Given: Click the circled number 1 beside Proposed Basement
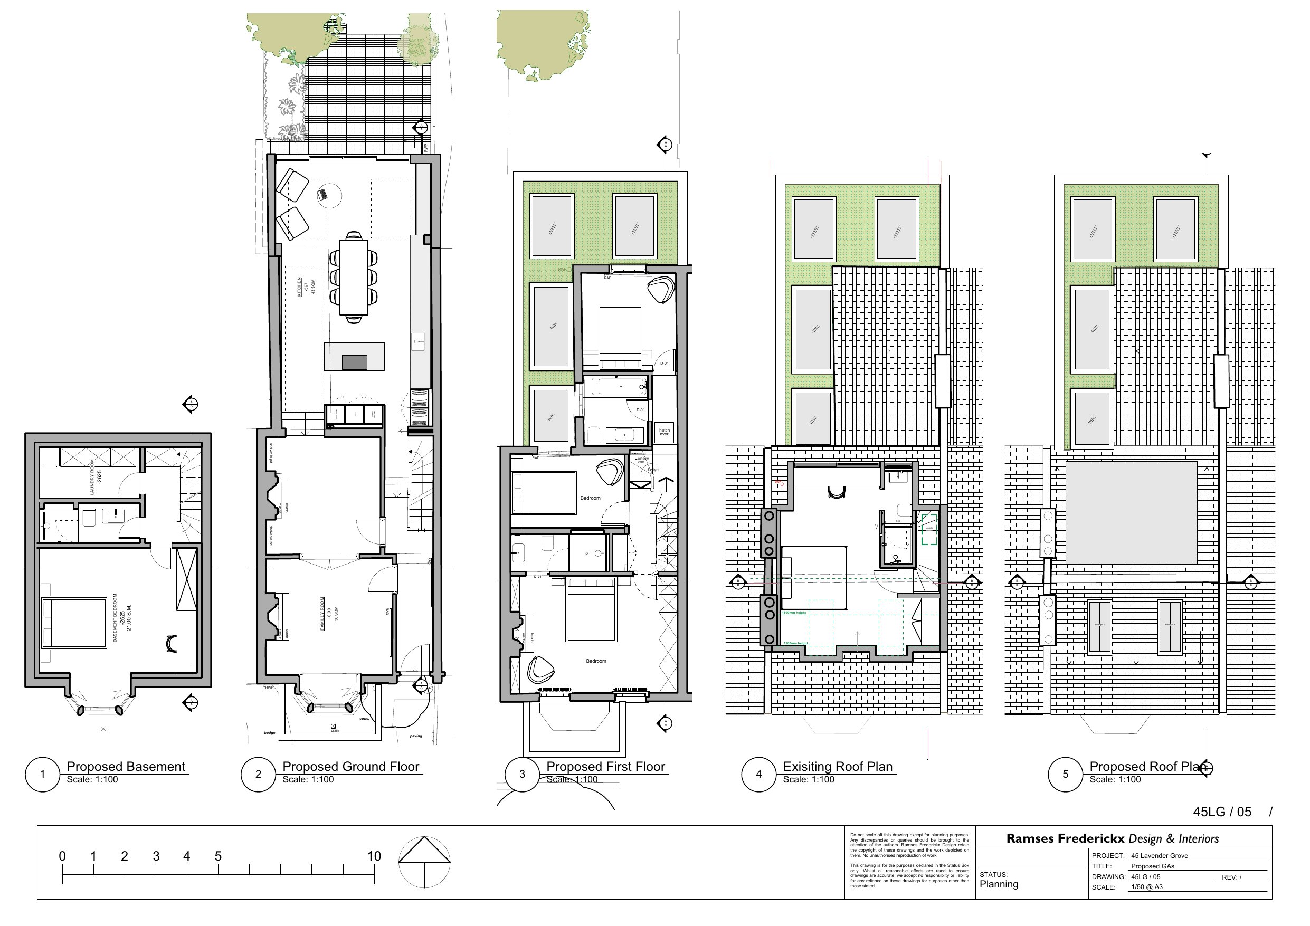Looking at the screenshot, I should coord(42,774).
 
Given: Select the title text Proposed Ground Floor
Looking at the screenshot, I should coord(350,766).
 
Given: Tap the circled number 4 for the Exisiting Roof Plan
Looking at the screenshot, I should coord(758,774).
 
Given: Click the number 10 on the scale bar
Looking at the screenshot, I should coord(374,856).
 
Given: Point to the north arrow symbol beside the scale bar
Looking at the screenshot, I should coord(424,862).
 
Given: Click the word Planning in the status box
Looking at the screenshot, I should coord(999,884).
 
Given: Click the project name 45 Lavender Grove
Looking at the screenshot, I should coord(1160,856).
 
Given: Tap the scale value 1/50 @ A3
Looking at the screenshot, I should coord(1147,887).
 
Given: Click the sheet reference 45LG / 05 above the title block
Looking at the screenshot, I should coord(1221,812).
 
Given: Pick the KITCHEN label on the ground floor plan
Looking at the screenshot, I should coord(299,287).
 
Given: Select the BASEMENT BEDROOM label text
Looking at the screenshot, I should coord(115,618).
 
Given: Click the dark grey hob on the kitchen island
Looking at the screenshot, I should coord(354,362).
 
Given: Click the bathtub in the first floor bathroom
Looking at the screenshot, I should coord(619,387).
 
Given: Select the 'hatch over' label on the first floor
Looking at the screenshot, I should coord(664,432).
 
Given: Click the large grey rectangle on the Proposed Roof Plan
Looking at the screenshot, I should coord(1131,513).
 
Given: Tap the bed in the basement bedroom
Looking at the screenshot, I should coord(74,623).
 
